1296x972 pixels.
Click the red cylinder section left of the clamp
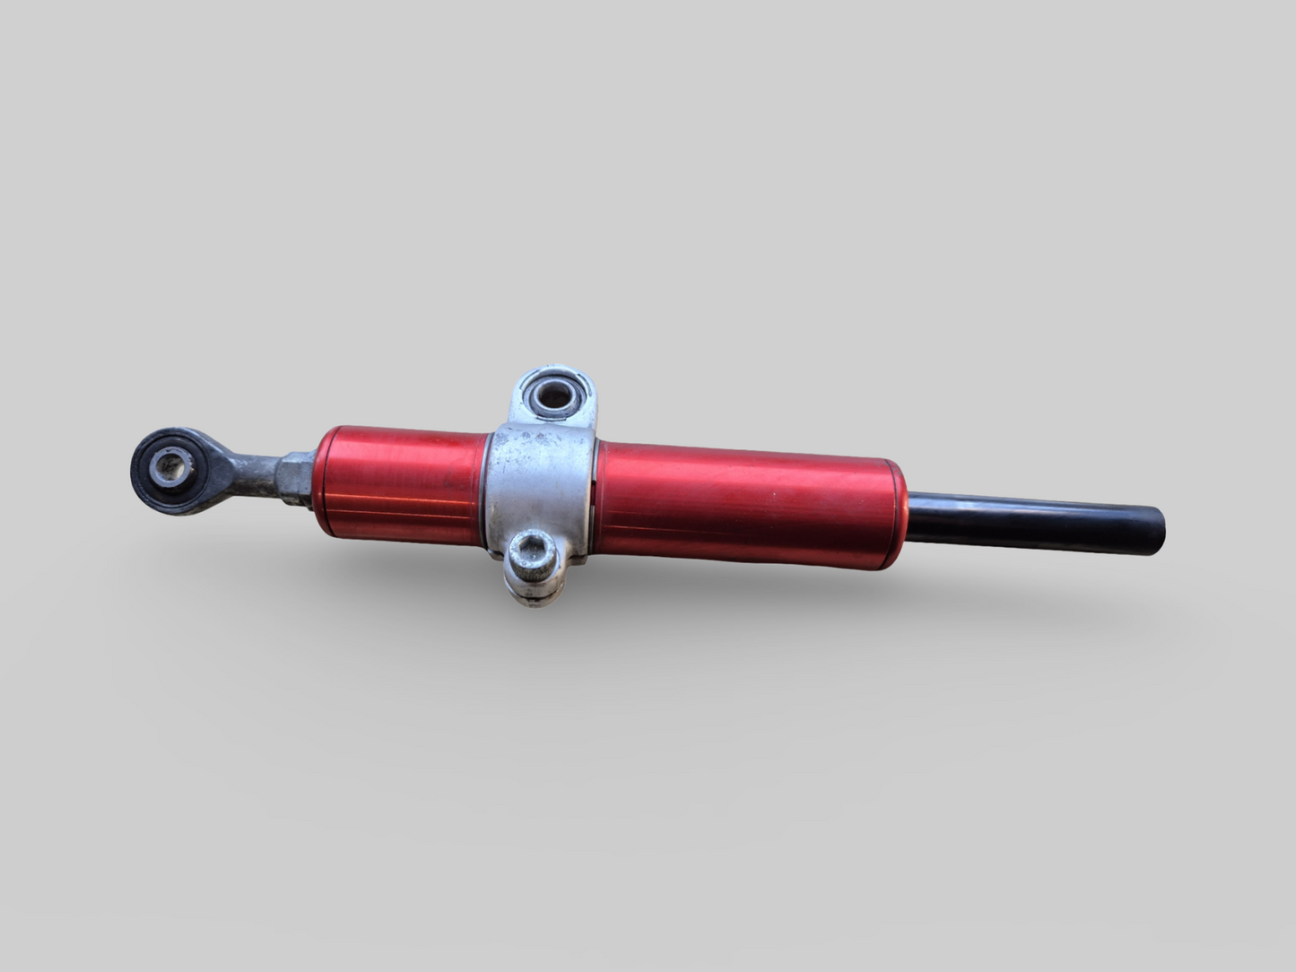[404, 480]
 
